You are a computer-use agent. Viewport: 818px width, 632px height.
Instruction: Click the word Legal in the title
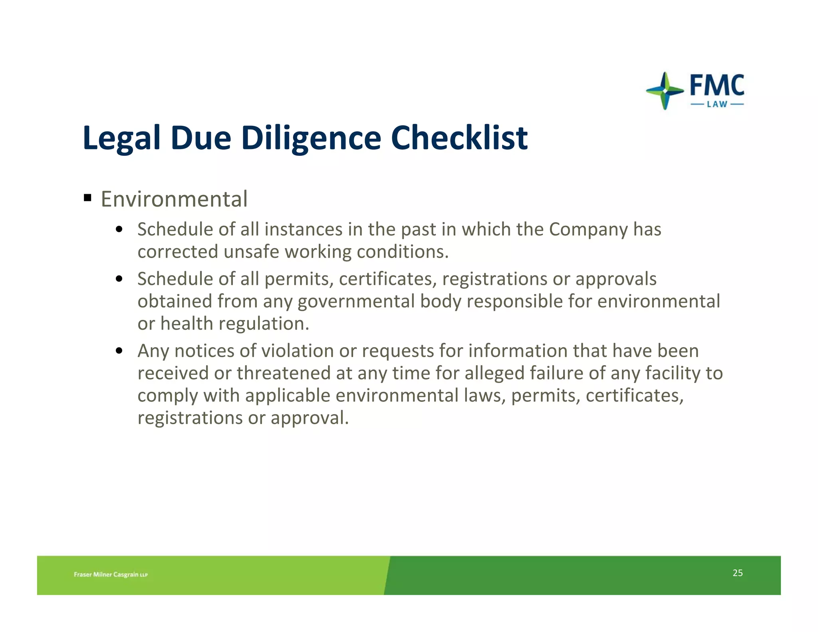point(121,138)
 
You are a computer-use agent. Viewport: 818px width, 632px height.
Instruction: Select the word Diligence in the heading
point(311,138)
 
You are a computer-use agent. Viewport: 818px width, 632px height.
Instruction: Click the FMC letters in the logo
point(717,85)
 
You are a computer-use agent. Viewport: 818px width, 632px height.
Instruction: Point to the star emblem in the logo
point(665,91)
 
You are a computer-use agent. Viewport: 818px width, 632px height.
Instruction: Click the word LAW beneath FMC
point(717,105)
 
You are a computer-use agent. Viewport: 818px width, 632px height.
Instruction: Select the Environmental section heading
point(174,199)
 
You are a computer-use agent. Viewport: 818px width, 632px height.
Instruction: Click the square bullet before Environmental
point(88,197)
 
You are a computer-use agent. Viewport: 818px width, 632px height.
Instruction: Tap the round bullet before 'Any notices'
point(119,351)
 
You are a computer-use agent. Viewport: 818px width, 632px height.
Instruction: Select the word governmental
point(356,302)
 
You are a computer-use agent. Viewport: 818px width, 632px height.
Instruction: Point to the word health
point(187,324)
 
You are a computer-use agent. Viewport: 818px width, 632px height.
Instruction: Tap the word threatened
point(284,373)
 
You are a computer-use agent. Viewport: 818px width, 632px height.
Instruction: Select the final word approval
point(310,418)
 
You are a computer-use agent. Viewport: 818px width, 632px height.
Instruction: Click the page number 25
point(737,573)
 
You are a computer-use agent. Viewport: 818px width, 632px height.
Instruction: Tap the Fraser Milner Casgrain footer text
point(111,574)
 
